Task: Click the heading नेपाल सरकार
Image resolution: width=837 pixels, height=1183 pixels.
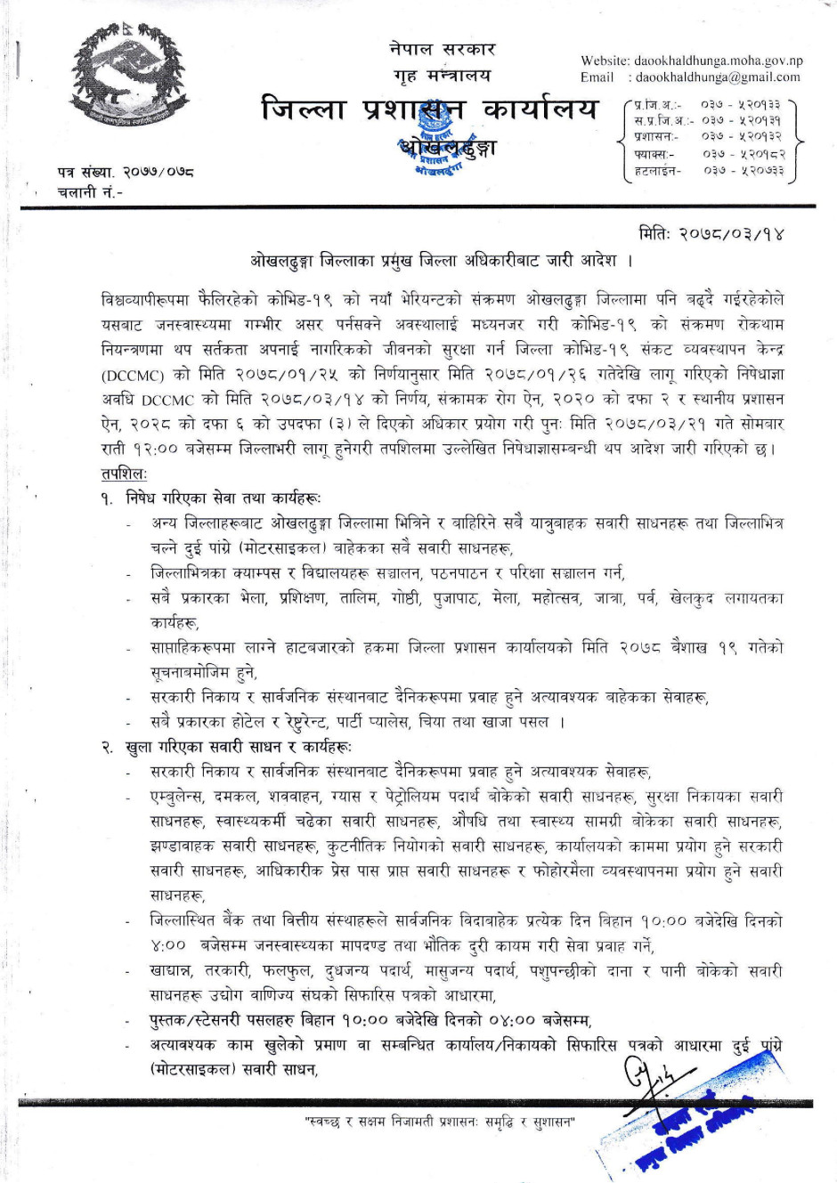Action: coord(443,49)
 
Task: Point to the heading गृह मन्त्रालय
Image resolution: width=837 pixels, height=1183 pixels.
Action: coord(443,75)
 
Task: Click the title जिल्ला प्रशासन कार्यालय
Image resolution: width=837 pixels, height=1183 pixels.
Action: coord(430,109)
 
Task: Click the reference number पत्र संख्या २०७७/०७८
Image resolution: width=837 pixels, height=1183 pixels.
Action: coord(126,171)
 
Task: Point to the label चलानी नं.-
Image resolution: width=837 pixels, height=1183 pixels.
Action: coord(91,191)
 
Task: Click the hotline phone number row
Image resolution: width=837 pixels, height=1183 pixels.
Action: coord(709,170)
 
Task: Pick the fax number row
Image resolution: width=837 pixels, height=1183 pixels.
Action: coord(709,154)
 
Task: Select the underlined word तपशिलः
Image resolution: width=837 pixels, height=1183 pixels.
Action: coord(125,474)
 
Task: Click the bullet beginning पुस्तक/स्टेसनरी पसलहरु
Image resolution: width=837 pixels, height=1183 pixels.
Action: coord(370,1020)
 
